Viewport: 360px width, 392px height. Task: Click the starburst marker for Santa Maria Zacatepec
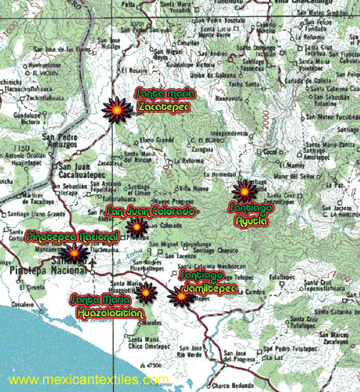pos(118,110)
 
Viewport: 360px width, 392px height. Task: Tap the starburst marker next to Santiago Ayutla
pos(245,191)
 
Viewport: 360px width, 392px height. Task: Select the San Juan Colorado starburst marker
pos(137,228)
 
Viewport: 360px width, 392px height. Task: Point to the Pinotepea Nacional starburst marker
pos(75,253)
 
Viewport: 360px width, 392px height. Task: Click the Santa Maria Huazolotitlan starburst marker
pos(146,292)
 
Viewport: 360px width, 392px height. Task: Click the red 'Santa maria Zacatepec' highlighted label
pos(165,99)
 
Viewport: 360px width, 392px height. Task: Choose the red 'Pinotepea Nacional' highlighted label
pos(72,236)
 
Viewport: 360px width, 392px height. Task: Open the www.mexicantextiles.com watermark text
pos(89,379)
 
